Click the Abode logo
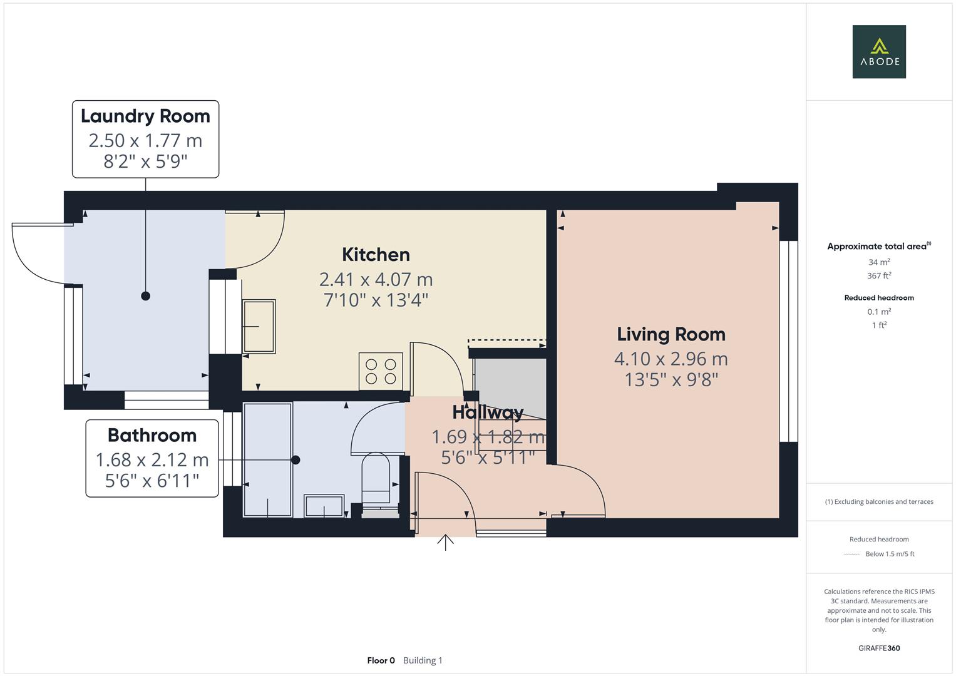pos(878,52)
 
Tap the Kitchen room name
pos(376,255)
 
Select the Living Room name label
pos(671,334)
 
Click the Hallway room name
pos(487,412)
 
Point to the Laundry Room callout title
pos(145,116)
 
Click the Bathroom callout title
pos(152,435)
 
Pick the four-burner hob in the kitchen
pos(381,371)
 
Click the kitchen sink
pos(259,326)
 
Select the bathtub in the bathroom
pos(267,460)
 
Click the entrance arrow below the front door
pos(445,542)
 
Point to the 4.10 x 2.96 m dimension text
pos(671,359)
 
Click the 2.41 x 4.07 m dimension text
pos(376,279)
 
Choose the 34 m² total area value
pos(878,262)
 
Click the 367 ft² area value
pos(878,275)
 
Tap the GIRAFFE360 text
pos(878,648)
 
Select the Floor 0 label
pos(381,660)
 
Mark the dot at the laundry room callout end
pos(146,296)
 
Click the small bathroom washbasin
pos(324,505)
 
